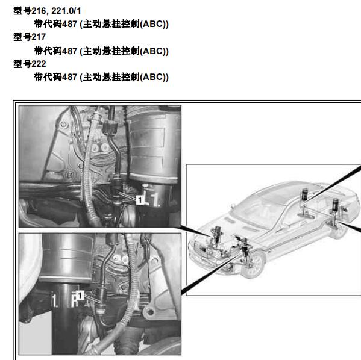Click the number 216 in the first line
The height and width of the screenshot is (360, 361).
tap(39, 11)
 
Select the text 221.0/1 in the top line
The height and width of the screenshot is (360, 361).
tap(66, 11)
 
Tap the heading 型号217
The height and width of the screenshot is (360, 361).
tap(30, 37)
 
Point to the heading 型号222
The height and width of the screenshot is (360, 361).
tap(30, 64)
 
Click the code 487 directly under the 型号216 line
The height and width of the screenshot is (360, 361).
tap(69, 24)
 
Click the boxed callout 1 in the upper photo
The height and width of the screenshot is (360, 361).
tap(140, 200)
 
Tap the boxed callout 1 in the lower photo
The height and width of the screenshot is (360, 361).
tap(80, 296)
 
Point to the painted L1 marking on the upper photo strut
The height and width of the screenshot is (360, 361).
tap(151, 200)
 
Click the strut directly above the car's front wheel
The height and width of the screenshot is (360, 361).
tap(245, 246)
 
